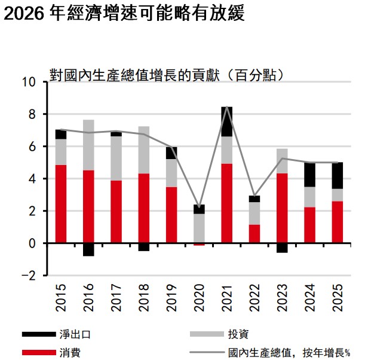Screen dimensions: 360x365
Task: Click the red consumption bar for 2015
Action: [60, 204]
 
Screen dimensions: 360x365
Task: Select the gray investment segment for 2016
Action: [88, 145]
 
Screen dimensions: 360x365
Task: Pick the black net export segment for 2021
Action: [226, 121]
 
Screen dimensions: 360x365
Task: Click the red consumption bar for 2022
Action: [254, 234]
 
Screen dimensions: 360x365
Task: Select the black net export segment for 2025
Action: [337, 175]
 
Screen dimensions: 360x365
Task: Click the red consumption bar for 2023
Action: [282, 208]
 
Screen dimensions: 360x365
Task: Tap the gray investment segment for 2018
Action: [143, 150]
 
